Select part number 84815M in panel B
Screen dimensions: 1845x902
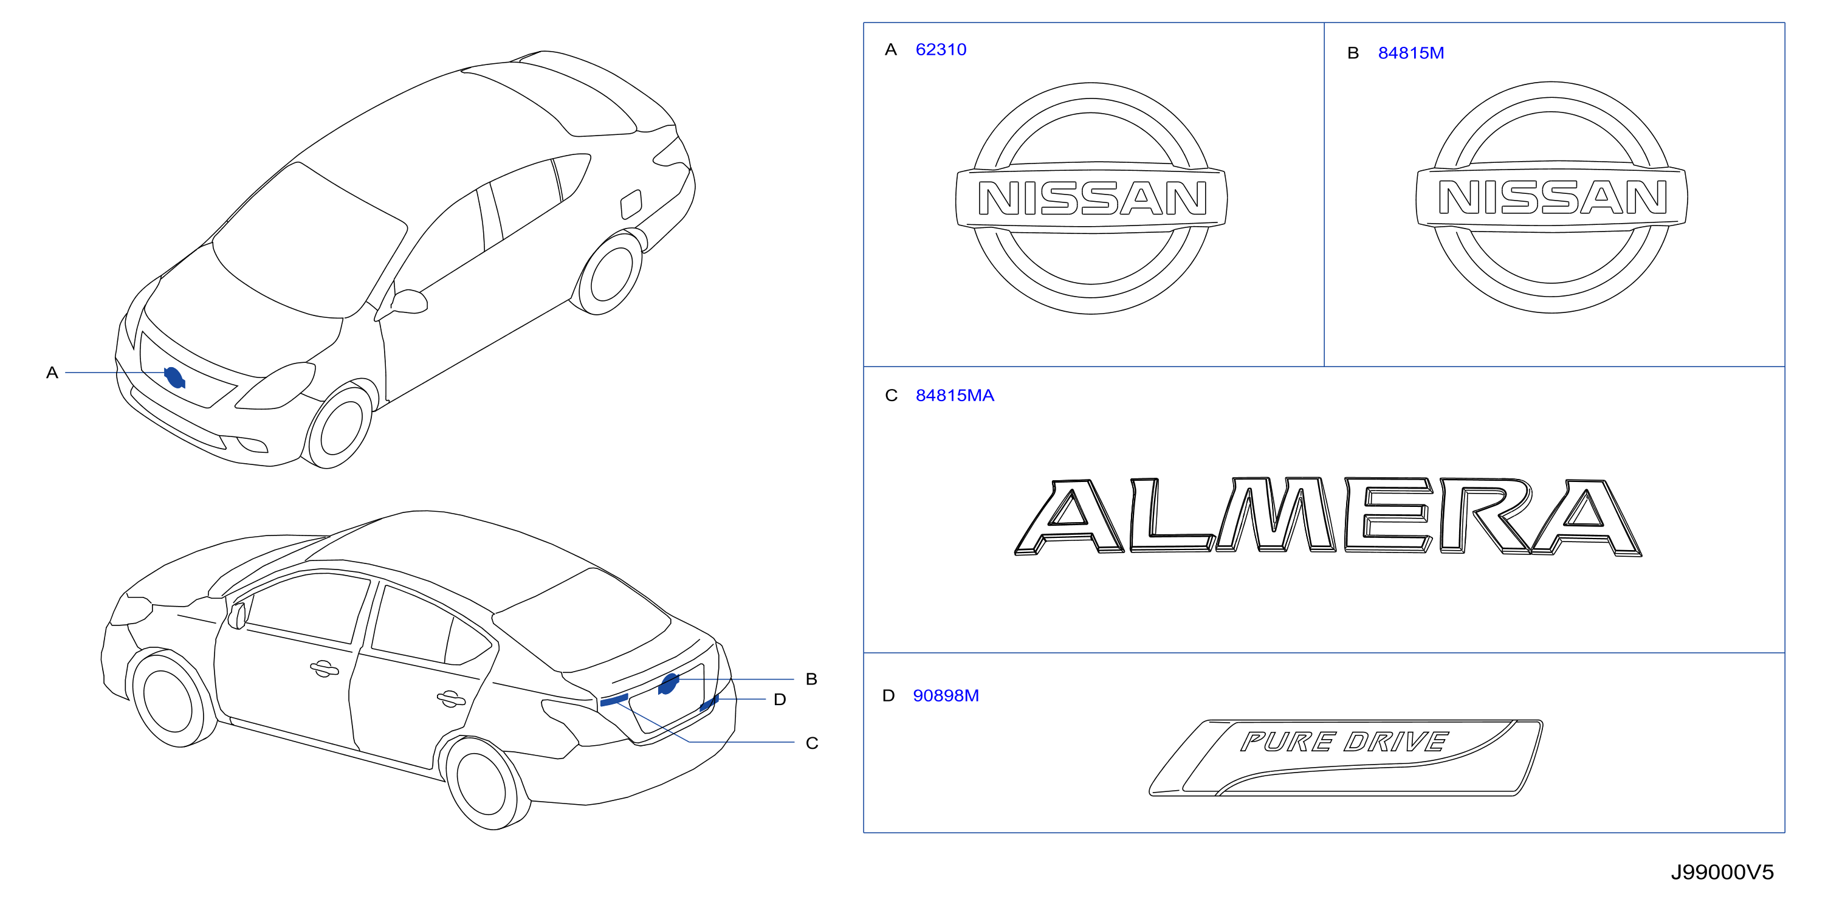tap(1410, 53)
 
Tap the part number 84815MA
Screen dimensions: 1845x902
tap(954, 396)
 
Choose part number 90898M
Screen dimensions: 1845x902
tap(946, 696)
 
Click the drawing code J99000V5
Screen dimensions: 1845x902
tap(1722, 872)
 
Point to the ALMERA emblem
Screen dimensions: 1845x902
tap(1328, 517)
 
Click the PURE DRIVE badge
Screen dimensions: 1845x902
tap(1346, 757)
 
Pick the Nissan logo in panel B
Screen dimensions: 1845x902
tap(1551, 197)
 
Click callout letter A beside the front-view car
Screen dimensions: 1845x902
tap(52, 373)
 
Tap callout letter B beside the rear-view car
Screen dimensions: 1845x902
tap(811, 679)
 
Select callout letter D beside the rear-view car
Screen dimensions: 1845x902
tap(779, 699)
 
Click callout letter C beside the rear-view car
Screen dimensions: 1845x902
tap(811, 743)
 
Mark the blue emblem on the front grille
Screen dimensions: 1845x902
tap(175, 377)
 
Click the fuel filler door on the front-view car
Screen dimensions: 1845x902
tap(630, 204)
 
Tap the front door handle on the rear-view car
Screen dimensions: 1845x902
tap(325, 669)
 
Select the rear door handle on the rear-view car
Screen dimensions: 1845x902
tap(451, 699)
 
